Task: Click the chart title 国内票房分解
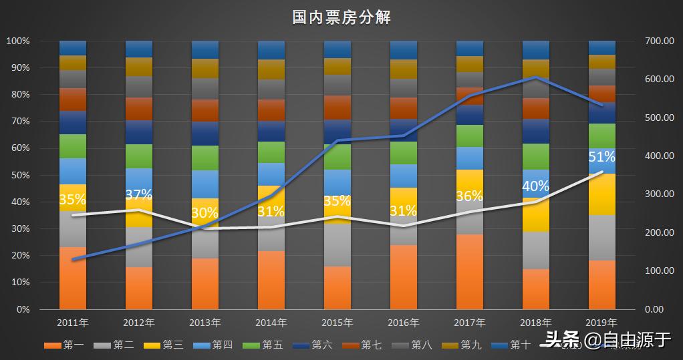341,17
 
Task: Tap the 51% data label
601,157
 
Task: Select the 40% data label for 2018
535,186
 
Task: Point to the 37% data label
138,194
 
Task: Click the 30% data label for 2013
204,213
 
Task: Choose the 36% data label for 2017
469,196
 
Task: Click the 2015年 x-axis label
337,323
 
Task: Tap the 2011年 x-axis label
72,323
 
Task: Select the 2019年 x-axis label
601,323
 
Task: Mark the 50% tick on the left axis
18,175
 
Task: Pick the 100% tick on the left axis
17,41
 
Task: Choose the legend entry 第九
461,345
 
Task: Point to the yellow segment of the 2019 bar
601,194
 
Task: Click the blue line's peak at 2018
535,77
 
